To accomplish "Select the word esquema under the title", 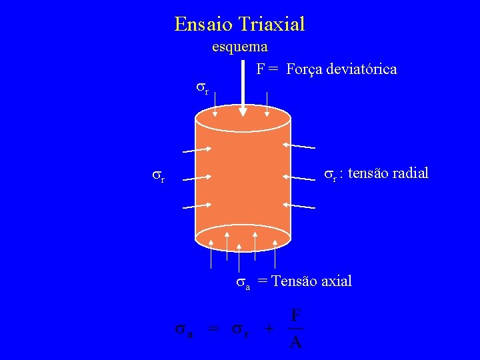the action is [240, 47].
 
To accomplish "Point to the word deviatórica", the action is [362, 69].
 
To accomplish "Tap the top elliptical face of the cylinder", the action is [243, 119].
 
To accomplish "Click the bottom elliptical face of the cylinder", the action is [243, 236].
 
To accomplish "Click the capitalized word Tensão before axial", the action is [293, 281].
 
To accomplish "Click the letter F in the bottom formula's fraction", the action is [297, 315].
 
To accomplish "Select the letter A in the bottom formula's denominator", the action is [297, 343].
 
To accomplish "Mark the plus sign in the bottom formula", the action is [269, 329].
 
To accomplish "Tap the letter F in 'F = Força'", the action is [261, 69].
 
